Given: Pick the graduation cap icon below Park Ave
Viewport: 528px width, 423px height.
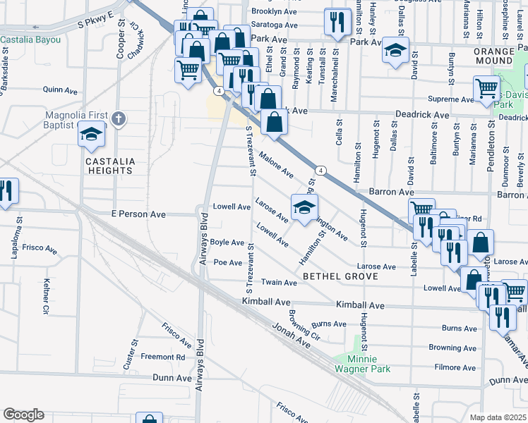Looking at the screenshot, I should click(395, 51).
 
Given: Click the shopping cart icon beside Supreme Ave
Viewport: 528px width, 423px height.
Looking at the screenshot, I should click(486, 90).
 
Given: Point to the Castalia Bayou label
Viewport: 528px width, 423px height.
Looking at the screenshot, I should click(30, 39).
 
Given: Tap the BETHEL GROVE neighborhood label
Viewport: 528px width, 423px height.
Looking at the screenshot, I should click(340, 276).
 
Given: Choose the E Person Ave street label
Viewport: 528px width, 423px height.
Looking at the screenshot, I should click(138, 214).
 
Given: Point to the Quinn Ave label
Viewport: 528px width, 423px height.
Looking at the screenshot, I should click(60, 90).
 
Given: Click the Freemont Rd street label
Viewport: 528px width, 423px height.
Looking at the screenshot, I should click(162, 357).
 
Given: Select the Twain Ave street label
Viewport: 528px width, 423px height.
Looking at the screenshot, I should click(280, 283).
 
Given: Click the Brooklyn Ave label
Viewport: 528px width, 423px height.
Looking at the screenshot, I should click(274, 12).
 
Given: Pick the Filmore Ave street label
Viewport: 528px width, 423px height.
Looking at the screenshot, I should click(455, 367).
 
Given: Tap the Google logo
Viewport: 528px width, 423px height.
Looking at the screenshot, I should click(23, 415).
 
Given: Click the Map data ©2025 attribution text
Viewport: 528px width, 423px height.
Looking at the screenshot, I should click(497, 417).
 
